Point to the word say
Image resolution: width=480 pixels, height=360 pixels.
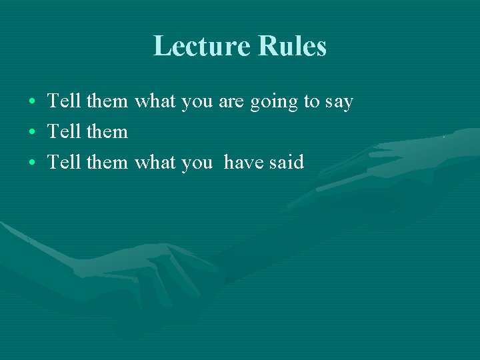(339, 103)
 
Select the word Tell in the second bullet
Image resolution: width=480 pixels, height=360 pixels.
(64, 131)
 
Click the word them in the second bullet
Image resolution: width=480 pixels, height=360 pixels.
(107, 131)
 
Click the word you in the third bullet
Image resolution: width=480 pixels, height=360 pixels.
(197, 163)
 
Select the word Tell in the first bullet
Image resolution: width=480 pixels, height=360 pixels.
(64, 101)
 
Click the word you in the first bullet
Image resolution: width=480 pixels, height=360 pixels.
(197, 103)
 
